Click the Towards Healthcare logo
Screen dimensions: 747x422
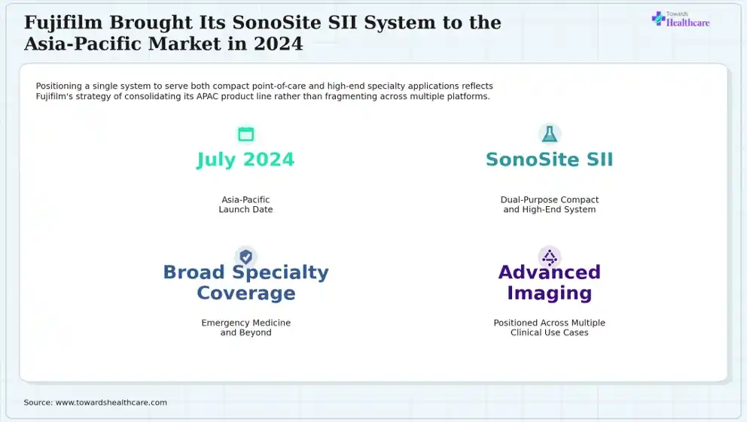point(680,19)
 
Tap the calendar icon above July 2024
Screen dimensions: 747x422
point(245,134)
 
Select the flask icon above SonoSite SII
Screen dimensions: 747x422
point(549,134)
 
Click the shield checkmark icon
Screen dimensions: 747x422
point(245,257)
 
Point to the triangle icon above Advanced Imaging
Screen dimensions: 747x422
point(549,257)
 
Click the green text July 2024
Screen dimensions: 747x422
point(245,159)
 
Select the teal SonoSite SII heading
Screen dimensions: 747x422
point(549,159)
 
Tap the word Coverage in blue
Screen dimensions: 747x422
point(245,293)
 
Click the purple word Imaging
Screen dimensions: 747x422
point(549,293)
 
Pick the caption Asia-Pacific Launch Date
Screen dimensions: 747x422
point(245,205)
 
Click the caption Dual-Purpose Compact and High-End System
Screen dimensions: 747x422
point(549,205)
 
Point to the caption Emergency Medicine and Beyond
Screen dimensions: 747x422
point(245,327)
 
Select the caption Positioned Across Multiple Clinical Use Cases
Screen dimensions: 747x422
point(549,327)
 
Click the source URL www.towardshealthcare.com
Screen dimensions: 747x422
point(111,402)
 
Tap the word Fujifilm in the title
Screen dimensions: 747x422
point(63,23)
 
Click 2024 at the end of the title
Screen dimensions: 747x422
point(278,44)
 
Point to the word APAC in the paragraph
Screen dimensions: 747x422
point(207,96)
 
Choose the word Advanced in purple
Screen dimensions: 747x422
point(549,272)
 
